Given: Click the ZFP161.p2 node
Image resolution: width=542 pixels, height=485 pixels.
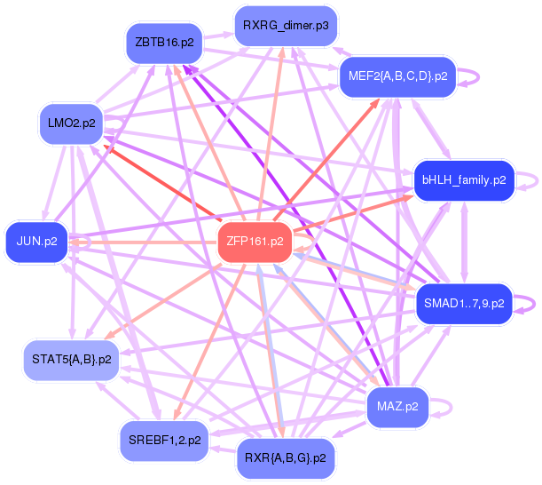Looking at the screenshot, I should tap(255, 241).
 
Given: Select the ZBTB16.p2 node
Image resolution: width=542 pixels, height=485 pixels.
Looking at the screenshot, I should tap(165, 43).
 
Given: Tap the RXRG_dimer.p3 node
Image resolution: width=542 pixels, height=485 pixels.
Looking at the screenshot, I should tap(285, 25).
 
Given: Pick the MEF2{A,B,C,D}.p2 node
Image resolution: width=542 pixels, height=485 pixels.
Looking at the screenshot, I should tap(398, 76).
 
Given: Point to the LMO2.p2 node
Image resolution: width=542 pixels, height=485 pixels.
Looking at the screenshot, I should tap(73, 123).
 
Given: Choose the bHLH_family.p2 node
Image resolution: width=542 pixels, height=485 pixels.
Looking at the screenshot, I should tap(463, 179).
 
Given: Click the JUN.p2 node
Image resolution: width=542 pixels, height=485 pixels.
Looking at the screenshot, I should tap(37, 241).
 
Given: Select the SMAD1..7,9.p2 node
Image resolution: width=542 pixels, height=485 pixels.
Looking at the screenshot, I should tap(464, 303).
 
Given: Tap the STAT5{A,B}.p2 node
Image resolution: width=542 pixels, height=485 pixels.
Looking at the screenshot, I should tap(71, 360).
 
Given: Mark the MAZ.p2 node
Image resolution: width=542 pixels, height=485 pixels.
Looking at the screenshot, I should tap(397, 407).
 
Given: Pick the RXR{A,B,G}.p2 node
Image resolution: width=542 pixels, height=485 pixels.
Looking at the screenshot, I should tap(285, 458).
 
